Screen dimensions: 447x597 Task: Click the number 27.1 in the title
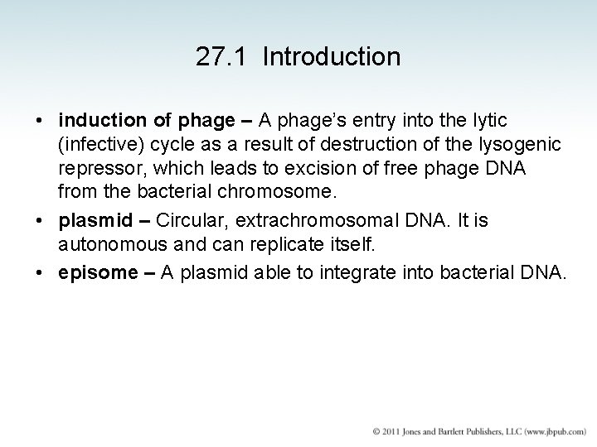(216, 57)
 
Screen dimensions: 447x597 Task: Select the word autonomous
(106, 246)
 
